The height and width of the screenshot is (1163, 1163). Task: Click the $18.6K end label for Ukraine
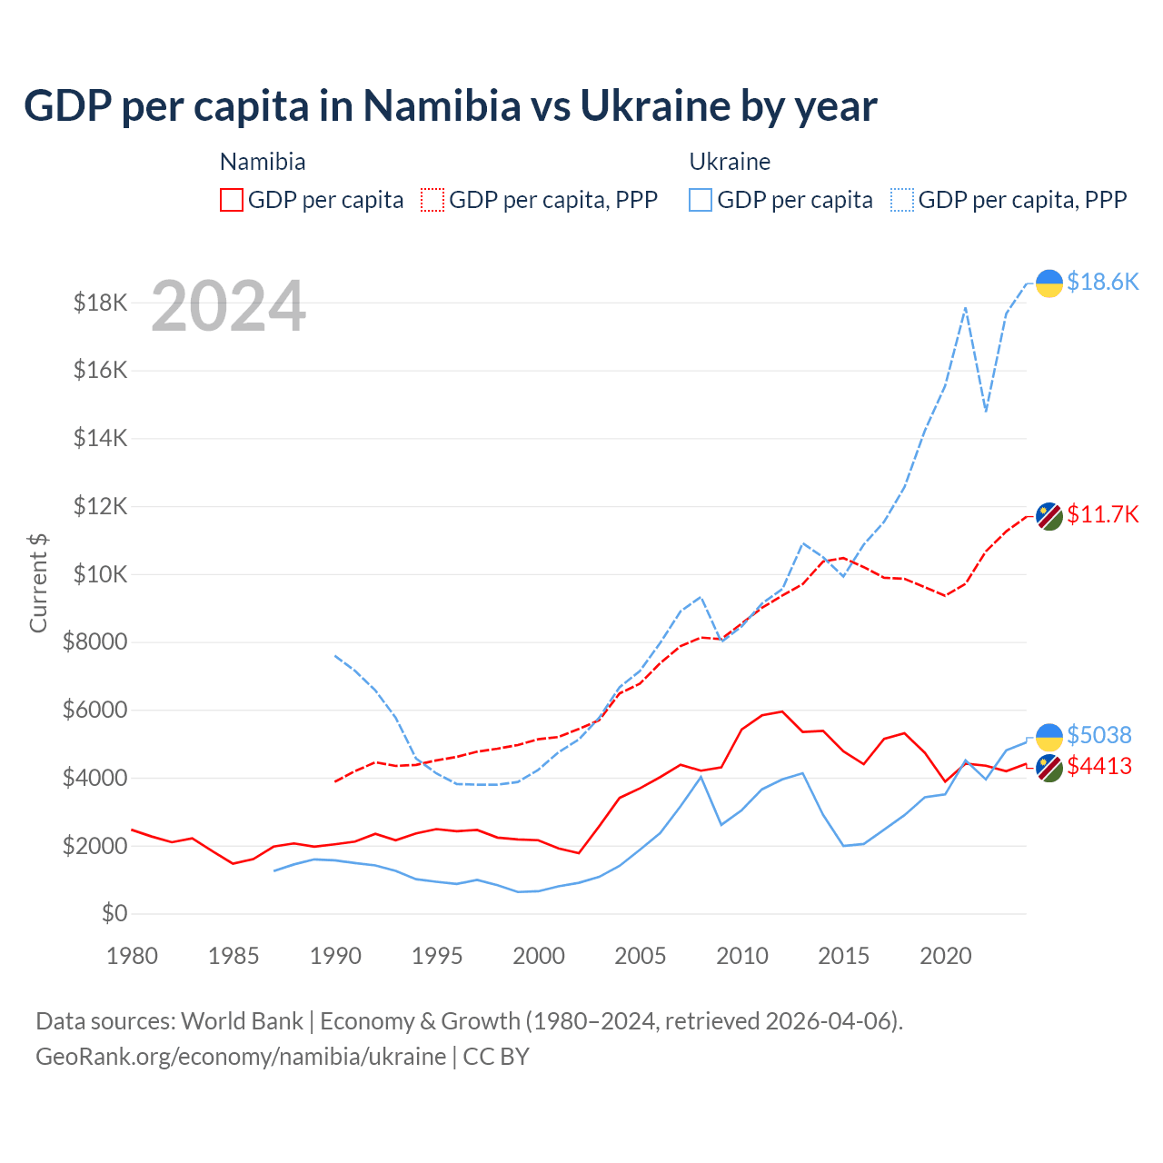[x=1102, y=282]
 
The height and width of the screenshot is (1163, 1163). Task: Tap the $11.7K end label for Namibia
[x=1102, y=514]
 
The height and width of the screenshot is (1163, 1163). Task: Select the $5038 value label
[x=1098, y=734]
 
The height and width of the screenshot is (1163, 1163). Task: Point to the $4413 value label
[x=1098, y=766]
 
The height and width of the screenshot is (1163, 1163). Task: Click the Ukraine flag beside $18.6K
[x=1049, y=283]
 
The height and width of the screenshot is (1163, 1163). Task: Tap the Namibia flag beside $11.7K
[x=1049, y=516]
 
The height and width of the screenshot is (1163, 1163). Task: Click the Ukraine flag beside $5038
[x=1049, y=737]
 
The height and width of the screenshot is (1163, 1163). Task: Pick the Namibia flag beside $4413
[x=1049, y=768]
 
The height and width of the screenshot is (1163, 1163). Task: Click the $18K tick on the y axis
[x=100, y=303]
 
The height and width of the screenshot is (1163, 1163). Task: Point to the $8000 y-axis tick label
[x=94, y=642]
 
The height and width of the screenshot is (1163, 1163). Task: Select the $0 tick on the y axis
[x=114, y=913]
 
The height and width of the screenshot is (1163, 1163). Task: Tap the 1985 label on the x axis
[x=234, y=956]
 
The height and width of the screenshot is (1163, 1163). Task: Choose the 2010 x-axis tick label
[x=741, y=956]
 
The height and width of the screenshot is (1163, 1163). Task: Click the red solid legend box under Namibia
[x=232, y=200]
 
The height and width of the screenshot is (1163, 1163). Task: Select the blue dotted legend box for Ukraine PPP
[x=902, y=200]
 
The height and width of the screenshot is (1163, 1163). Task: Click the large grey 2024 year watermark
[x=228, y=306]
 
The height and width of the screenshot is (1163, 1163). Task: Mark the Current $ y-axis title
[x=38, y=583]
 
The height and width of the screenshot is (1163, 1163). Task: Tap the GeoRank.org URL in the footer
[x=241, y=1057]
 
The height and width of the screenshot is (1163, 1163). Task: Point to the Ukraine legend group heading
[x=730, y=162]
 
